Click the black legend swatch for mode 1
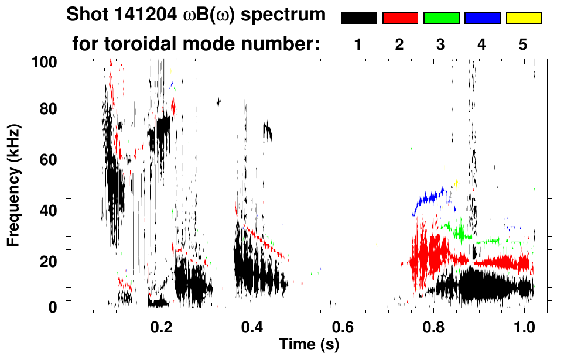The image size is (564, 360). point(358,18)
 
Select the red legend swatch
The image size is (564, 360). point(400,18)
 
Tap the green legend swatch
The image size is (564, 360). point(441,18)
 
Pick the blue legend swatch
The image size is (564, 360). point(482,18)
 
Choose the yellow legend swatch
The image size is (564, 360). point(523,18)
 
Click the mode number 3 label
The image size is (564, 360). point(440,44)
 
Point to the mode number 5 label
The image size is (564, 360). point(523,44)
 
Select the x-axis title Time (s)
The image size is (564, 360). point(308,344)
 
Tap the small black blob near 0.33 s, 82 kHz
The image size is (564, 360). point(219,102)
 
